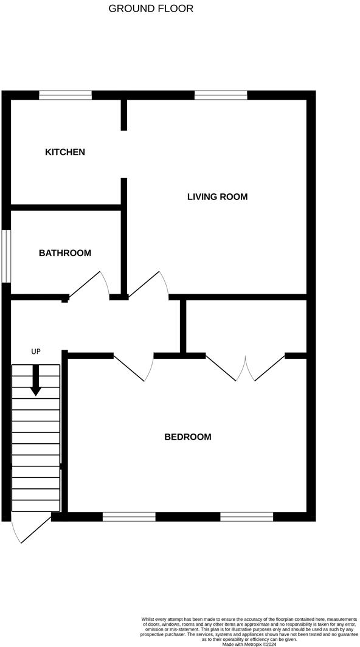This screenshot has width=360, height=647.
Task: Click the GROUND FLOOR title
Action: [151, 9]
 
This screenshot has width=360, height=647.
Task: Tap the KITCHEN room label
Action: [65, 152]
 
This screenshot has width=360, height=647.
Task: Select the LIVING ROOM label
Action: [217, 196]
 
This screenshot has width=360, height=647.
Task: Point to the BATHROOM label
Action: [65, 253]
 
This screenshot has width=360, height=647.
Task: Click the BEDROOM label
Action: [188, 437]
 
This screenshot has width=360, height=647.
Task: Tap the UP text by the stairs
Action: [36, 351]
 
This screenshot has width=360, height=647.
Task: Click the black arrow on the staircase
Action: [36, 380]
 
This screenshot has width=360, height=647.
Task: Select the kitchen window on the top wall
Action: [65, 94]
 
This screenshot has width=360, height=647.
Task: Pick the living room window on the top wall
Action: [221, 94]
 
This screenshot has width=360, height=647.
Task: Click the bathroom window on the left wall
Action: [5, 256]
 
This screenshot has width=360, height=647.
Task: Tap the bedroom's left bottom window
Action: [129, 517]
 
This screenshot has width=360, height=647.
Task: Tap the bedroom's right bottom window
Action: [246, 517]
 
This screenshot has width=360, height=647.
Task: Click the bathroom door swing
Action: [89, 285]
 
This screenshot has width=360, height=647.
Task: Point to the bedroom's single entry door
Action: [134, 367]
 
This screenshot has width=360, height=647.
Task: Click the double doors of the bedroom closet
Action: [245, 368]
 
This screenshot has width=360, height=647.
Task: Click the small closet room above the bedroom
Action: [246, 326]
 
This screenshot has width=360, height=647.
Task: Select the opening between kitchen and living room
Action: [124, 154]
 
